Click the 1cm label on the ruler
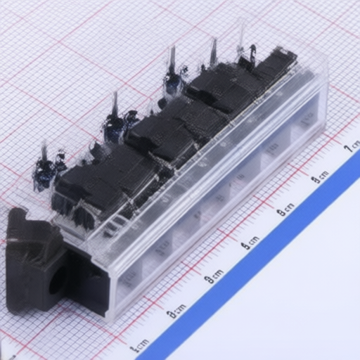point(141,345)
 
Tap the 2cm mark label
point(176,310)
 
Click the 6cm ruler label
point(321,176)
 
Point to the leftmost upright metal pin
point(44,151)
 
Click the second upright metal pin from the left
point(115,103)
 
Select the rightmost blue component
point(173,81)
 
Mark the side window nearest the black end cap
point(130,278)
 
